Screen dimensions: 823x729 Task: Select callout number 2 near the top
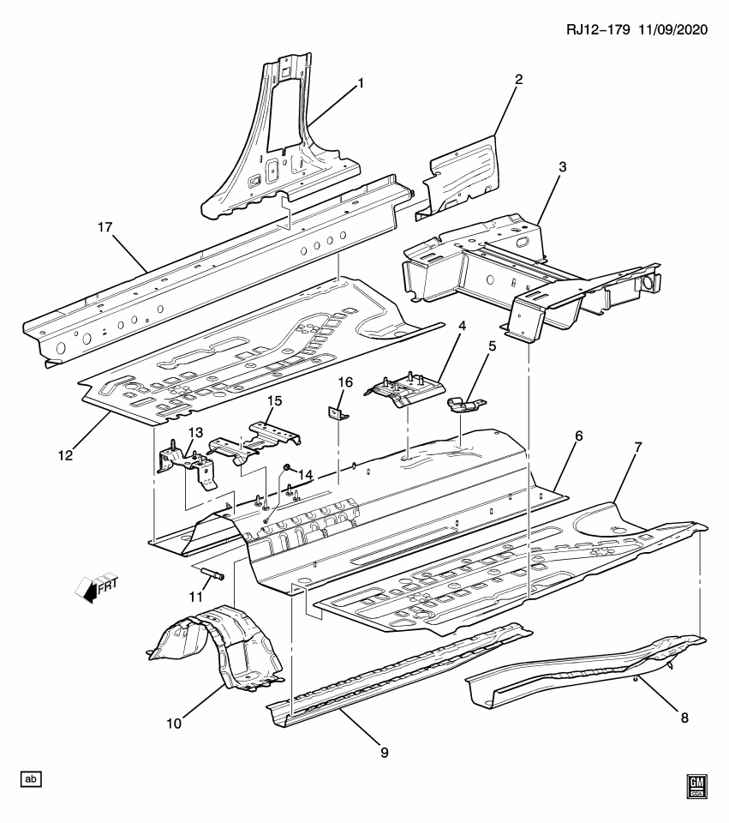[x=518, y=79]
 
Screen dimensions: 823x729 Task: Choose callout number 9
[x=383, y=752]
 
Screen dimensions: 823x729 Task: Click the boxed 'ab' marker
[x=31, y=778]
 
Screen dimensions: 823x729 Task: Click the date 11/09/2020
[x=672, y=29]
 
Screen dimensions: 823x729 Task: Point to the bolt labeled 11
[x=212, y=576]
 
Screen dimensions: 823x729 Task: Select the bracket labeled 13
[x=184, y=463]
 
